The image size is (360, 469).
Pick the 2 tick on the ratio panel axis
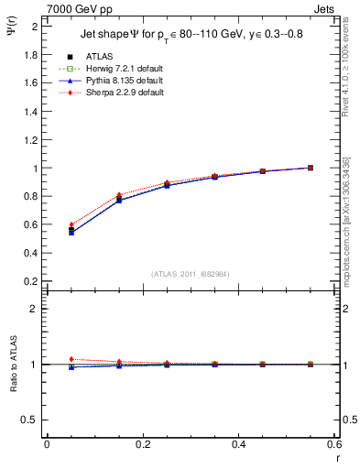coord(37,310)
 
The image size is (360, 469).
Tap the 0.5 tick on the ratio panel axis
coord(33,420)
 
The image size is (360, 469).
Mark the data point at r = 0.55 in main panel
coord(311,168)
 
